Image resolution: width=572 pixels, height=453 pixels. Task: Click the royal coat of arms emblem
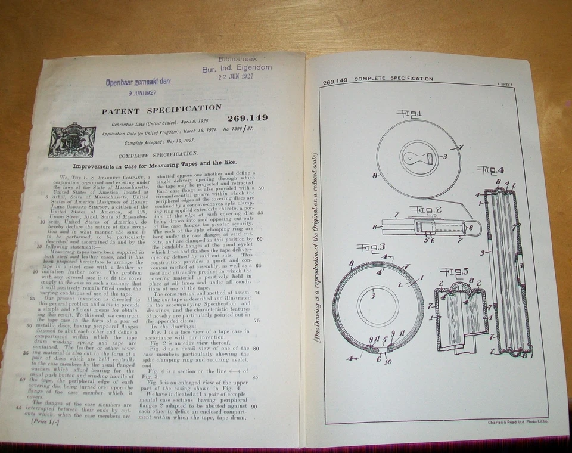[x=72, y=140]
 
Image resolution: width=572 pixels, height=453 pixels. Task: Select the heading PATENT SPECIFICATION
[x=161, y=110]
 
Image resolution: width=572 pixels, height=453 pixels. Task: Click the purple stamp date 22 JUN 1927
[x=236, y=77]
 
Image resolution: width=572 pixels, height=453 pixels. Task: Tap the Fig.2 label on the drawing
[x=424, y=210]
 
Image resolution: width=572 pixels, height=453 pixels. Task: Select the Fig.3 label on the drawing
[x=371, y=247]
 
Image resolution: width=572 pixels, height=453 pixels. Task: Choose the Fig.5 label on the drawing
[x=453, y=272]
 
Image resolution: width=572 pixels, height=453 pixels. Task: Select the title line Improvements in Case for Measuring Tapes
[x=155, y=162]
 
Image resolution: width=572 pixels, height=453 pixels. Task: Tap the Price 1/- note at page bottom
[x=40, y=422]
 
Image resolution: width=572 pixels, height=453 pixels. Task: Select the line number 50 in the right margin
[x=260, y=187]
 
